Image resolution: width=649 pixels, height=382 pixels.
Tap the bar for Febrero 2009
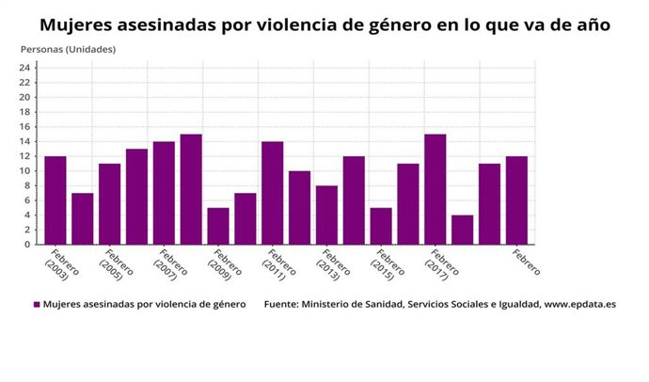(x=218, y=226)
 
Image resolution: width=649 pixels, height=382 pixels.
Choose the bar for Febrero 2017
(x=435, y=188)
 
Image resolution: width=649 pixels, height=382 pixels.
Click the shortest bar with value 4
(x=462, y=230)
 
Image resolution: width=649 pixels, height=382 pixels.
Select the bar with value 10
(x=300, y=207)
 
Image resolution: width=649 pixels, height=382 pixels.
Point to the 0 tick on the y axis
(x=29, y=245)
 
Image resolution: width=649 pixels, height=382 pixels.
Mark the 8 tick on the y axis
(x=29, y=185)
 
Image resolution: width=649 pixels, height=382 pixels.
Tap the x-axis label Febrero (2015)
(x=387, y=267)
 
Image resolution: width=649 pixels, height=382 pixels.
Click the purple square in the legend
(x=37, y=305)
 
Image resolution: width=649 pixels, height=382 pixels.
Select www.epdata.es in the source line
(x=578, y=305)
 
